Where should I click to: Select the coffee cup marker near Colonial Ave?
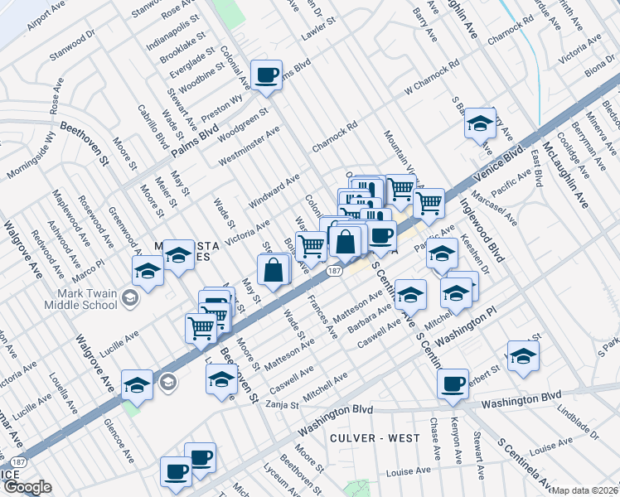(267, 75)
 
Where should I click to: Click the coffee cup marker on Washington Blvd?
(453, 384)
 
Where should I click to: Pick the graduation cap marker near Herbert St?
(523, 355)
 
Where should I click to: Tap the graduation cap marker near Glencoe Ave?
(137, 384)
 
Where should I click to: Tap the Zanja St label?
(281, 403)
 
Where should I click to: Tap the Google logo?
(27, 487)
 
